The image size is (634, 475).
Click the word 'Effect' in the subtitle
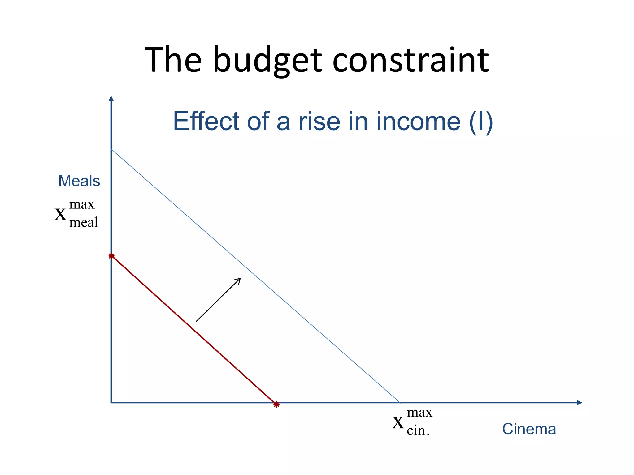click(x=206, y=121)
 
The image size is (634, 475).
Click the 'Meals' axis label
click(x=79, y=181)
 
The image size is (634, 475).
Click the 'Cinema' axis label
click(x=529, y=429)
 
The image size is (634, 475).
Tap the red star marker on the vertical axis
click(x=111, y=256)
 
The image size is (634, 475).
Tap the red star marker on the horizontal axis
click(x=276, y=404)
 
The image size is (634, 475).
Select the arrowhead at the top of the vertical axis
click(x=111, y=98)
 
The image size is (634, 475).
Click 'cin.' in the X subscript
click(x=418, y=431)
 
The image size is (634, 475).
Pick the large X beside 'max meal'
click(x=60, y=214)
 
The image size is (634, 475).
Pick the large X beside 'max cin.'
click(x=398, y=422)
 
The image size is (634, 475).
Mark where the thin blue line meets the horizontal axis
click(x=400, y=402)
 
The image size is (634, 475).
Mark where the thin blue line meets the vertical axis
click(x=111, y=150)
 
